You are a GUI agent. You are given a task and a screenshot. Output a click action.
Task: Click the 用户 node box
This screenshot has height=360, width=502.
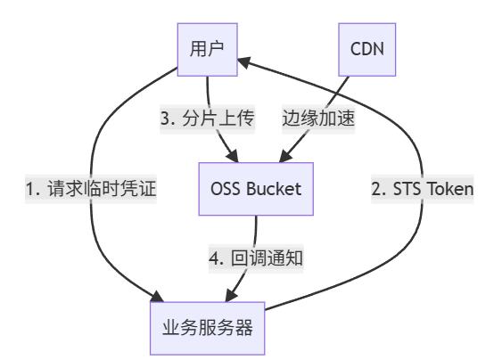(x=207, y=48)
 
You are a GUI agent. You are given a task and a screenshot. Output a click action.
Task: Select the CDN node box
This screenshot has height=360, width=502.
(x=366, y=48)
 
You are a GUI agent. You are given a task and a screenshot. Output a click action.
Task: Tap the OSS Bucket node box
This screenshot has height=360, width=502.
(x=256, y=189)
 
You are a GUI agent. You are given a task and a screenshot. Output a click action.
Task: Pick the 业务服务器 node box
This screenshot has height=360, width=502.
(x=208, y=327)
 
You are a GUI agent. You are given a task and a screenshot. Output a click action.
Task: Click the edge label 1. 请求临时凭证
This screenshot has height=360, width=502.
(x=91, y=189)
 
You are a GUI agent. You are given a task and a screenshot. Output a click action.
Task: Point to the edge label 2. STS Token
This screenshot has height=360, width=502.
(x=422, y=189)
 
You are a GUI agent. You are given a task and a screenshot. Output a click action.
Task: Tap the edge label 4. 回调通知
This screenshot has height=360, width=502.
(x=257, y=258)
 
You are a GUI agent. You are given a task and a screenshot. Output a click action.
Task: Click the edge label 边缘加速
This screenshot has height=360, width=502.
(x=319, y=119)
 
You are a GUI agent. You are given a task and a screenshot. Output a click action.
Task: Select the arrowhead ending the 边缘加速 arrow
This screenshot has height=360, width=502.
(x=284, y=159)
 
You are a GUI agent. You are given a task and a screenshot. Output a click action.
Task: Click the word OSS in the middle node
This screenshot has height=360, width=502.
(x=225, y=189)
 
